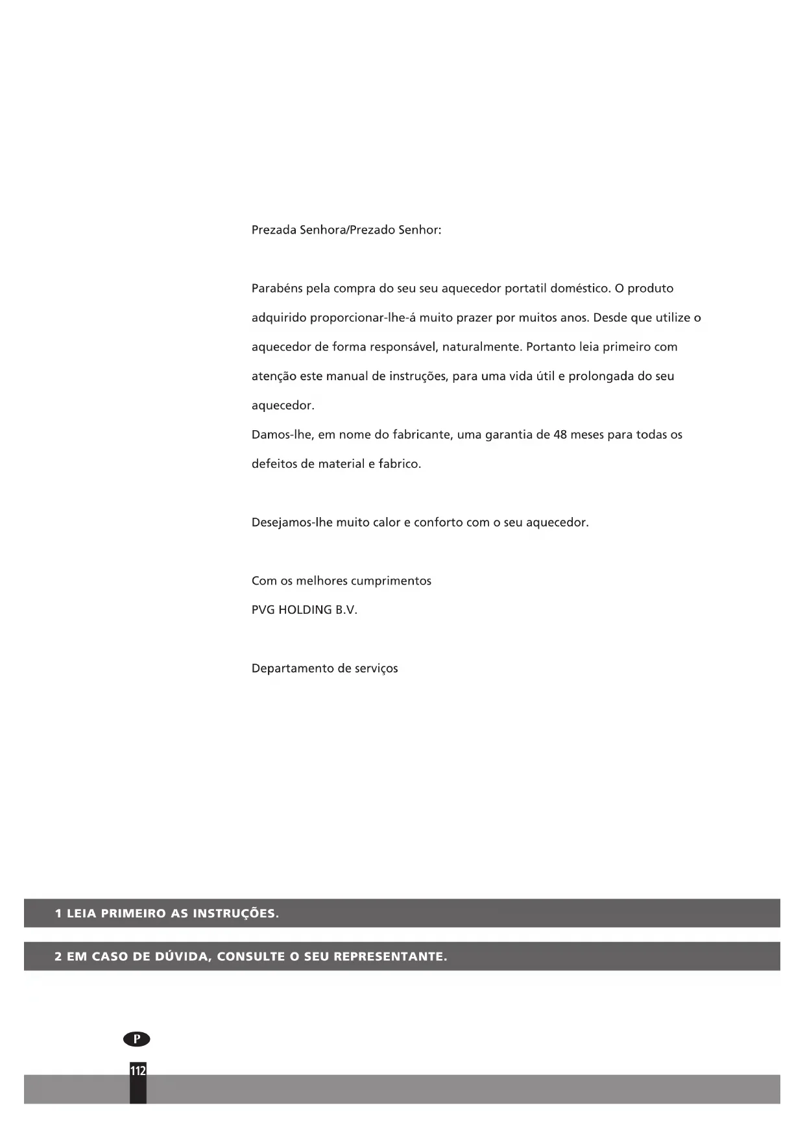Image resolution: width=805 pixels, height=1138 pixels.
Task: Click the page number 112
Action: pyautogui.click(x=138, y=1071)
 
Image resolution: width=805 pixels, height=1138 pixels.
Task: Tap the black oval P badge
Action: pyautogui.click(x=136, y=1039)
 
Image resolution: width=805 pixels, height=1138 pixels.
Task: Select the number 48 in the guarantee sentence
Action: pyautogui.click(x=560, y=435)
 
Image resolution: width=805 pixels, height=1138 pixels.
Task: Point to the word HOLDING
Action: pyautogui.click(x=305, y=610)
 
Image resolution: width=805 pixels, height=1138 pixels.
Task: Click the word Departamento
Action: pyautogui.click(x=292, y=669)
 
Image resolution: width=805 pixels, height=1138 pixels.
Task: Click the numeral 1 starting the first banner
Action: pyautogui.click(x=58, y=914)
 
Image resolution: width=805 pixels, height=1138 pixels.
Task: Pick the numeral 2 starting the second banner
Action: pyautogui.click(x=58, y=957)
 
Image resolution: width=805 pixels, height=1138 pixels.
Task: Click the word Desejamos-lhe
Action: pyautogui.click(x=292, y=523)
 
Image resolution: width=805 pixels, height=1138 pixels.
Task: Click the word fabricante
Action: pyautogui.click(x=421, y=435)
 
